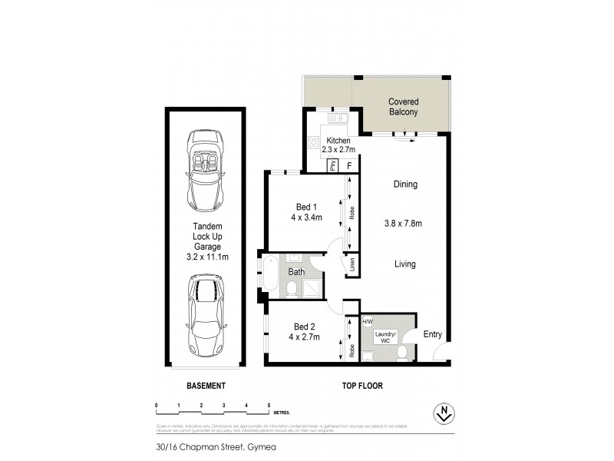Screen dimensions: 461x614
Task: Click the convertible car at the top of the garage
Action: click(205, 171)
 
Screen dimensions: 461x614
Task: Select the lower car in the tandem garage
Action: click(205, 314)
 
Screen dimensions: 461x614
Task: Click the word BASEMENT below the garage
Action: click(205, 386)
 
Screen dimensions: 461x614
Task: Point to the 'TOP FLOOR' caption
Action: click(363, 386)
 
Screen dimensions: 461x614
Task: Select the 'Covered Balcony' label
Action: click(403, 107)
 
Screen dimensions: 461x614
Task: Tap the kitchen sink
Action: click(338, 119)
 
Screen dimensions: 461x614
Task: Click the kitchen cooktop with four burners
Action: click(313, 142)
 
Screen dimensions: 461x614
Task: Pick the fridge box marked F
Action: click(350, 165)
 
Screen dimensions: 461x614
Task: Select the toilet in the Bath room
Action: click(292, 287)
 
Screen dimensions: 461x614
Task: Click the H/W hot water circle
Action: click(367, 322)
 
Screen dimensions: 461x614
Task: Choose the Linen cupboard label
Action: click(352, 265)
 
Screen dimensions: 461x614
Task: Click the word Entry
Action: click(432, 334)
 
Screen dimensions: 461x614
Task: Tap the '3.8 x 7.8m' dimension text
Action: click(404, 224)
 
